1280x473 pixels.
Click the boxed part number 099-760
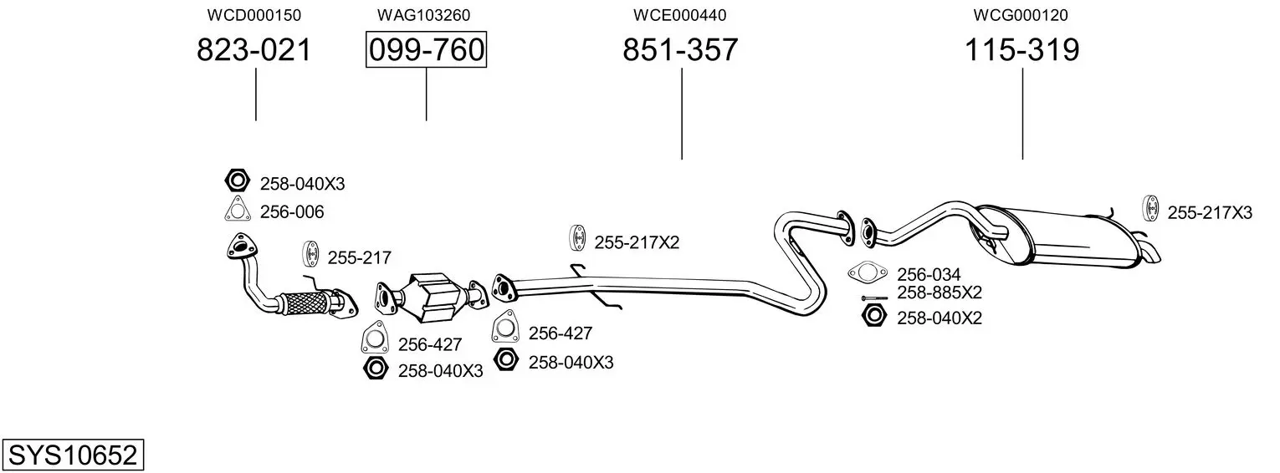point(427,49)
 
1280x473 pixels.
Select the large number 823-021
point(254,49)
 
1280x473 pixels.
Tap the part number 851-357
point(680,49)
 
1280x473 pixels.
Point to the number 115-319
point(1022,49)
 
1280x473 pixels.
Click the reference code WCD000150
point(254,15)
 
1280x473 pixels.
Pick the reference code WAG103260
point(424,15)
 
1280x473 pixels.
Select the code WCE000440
point(680,15)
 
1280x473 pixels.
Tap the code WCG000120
point(1021,15)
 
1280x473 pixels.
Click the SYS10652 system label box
point(73,455)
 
